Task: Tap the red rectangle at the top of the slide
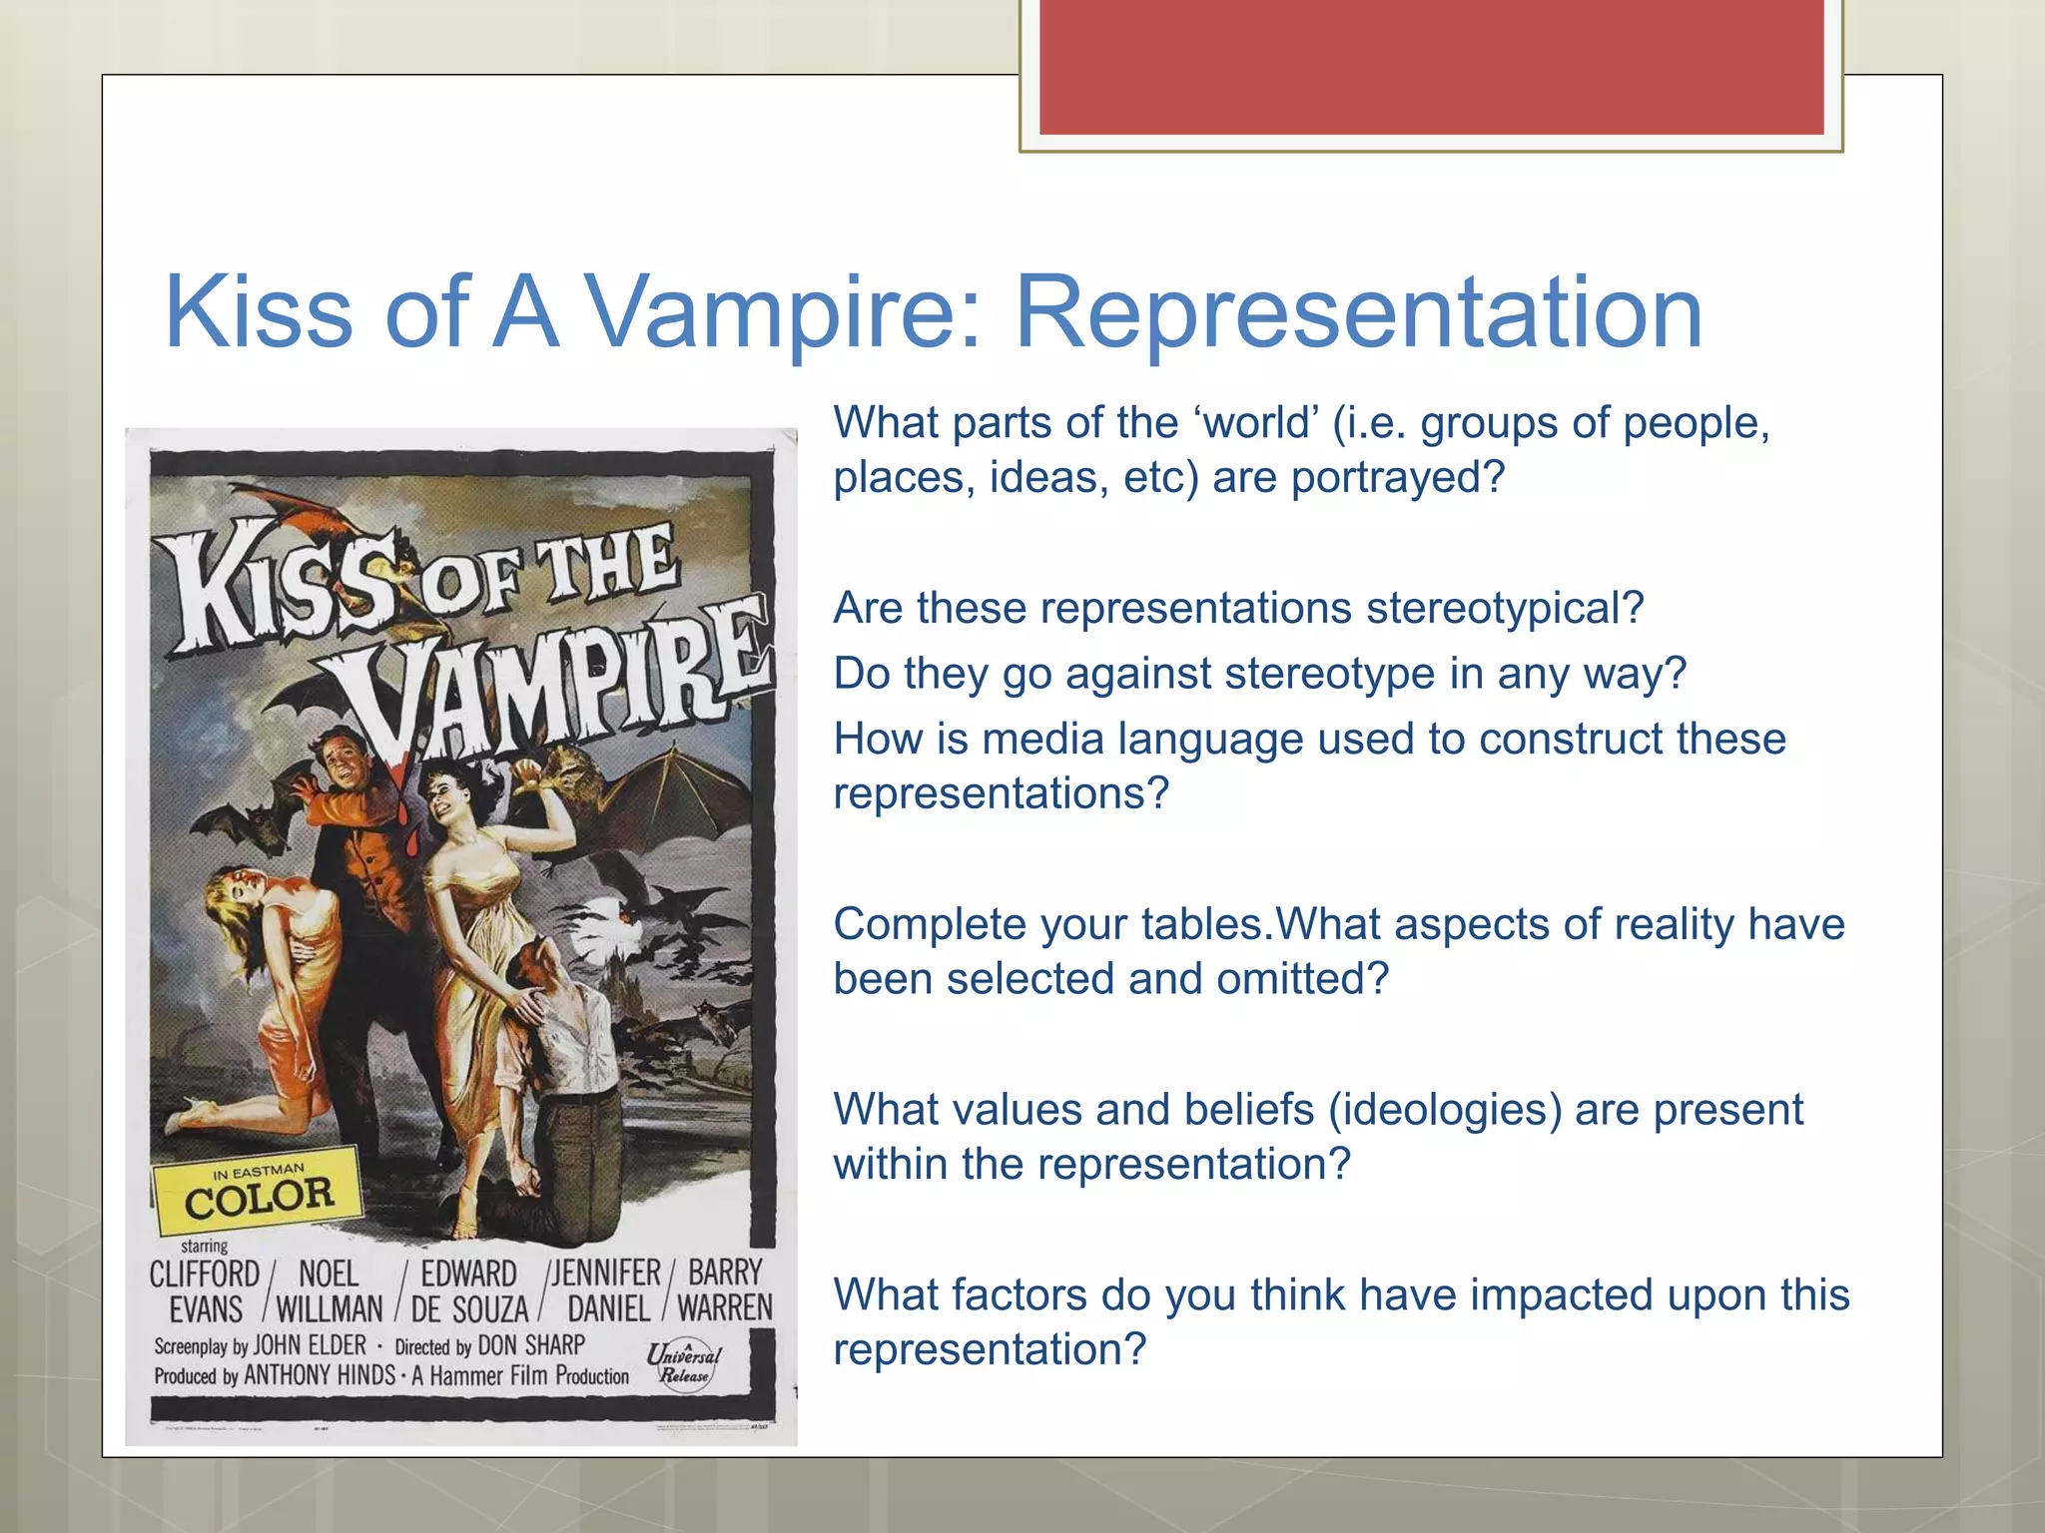[x=1431, y=66]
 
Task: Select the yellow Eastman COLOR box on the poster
[x=258, y=1190]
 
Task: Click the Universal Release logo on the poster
[x=684, y=1363]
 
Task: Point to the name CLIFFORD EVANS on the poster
[x=205, y=1290]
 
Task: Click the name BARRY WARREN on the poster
[x=725, y=1289]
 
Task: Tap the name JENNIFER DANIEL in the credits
[x=607, y=1289]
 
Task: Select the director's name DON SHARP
[x=531, y=1345]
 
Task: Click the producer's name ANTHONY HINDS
[x=320, y=1375]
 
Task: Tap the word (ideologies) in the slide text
[x=1444, y=1110]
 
